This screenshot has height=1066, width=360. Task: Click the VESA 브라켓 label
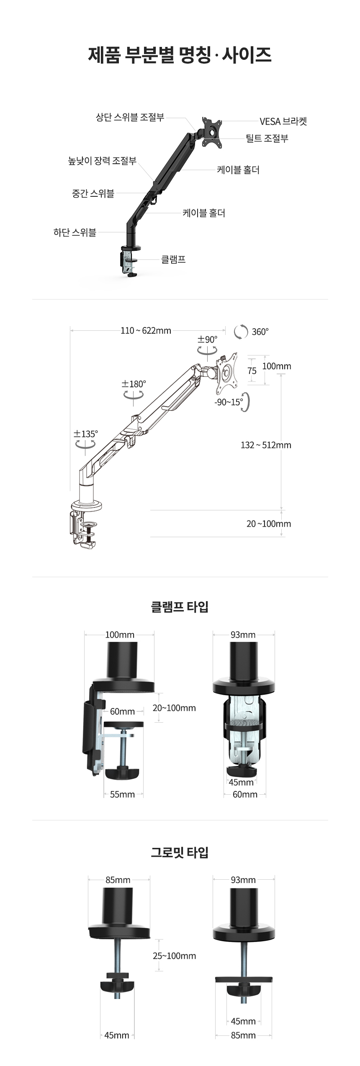283,121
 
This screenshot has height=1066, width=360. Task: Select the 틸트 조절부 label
267,139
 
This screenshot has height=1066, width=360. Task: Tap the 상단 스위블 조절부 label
130,117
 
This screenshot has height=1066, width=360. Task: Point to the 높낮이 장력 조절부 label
102,161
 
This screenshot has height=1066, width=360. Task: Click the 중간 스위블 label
93,193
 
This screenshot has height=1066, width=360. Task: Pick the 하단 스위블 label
75,232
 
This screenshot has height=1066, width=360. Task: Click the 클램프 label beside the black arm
173,260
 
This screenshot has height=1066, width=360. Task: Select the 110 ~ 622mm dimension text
146,331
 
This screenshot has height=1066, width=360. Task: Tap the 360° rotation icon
241,332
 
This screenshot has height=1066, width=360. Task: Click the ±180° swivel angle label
134,384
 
